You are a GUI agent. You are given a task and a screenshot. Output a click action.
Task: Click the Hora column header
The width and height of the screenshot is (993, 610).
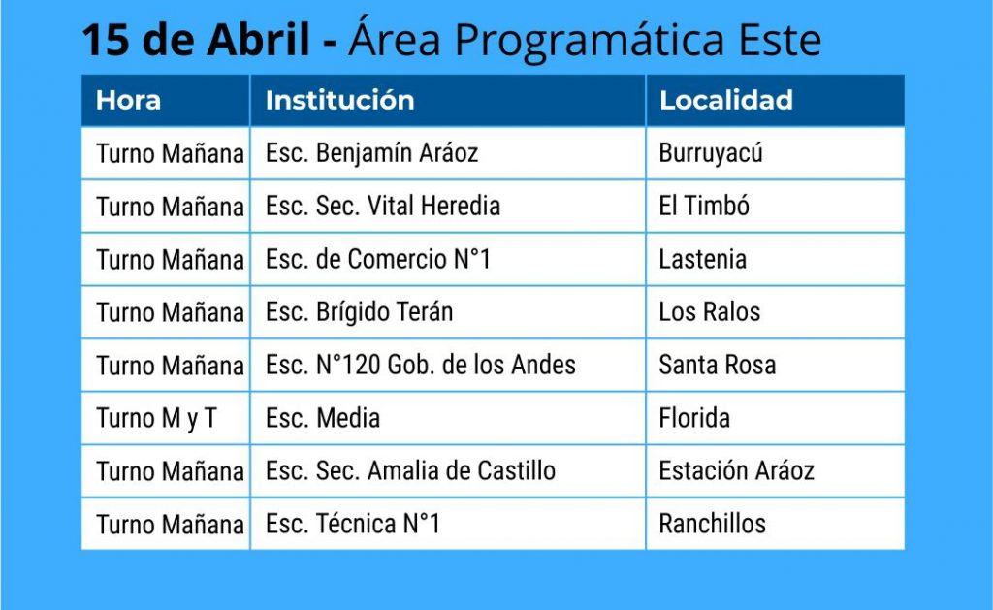click(129, 100)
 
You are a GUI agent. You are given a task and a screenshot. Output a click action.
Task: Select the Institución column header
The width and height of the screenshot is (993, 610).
click(340, 100)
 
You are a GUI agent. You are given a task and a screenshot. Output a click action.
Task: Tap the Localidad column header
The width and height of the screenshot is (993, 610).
click(726, 100)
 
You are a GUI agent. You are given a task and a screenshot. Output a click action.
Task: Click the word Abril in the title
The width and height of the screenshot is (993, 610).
click(258, 39)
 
